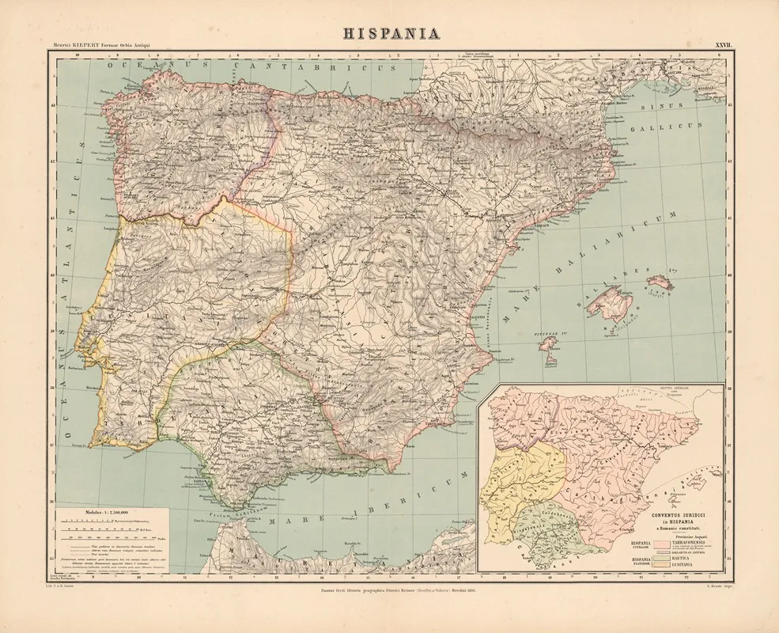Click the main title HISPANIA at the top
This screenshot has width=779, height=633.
pyautogui.click(x=389, y=34)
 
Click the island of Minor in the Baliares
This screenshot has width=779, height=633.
pyautogui.click(x=660, y=282)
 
